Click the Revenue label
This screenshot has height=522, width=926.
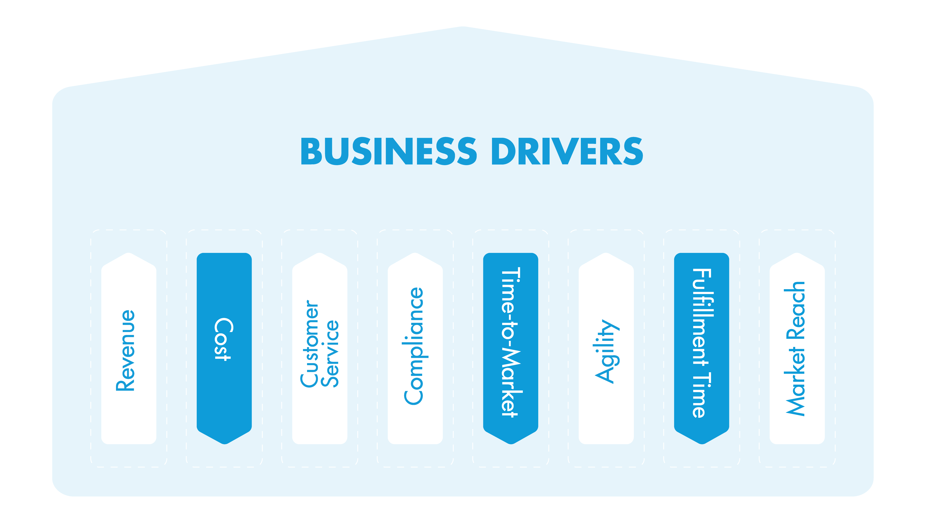coord(126,351)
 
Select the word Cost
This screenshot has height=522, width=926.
coord(223,339)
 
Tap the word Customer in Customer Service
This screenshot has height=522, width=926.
coord(309,344)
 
